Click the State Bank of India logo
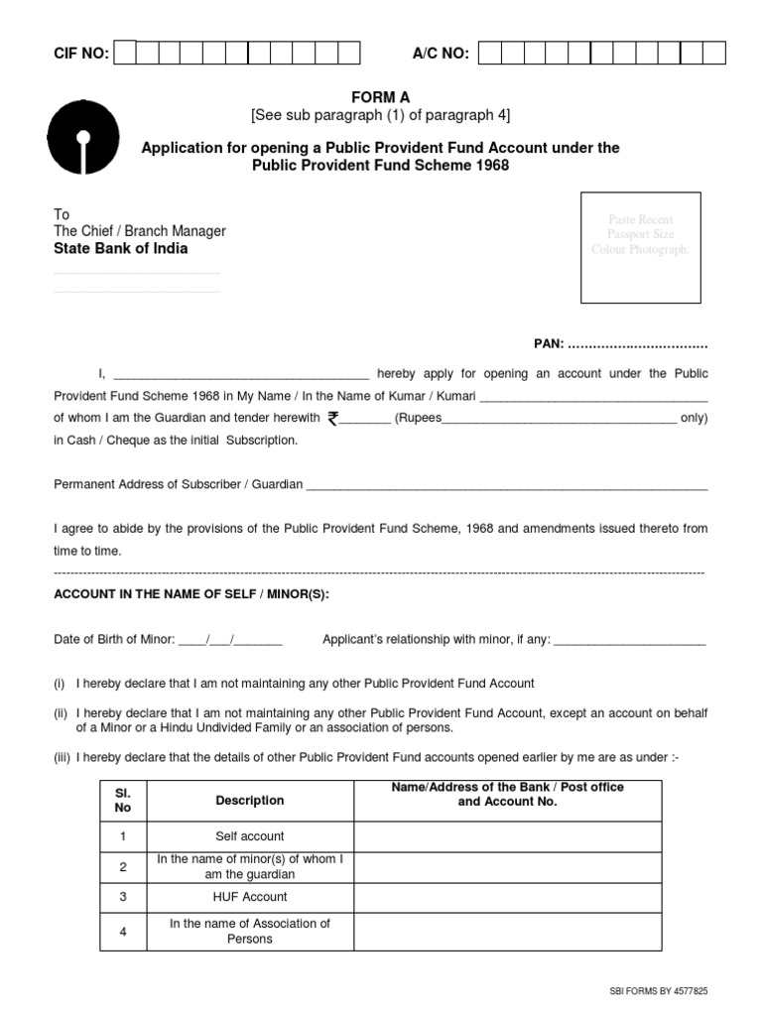(x=83, y=139)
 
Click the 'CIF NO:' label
(x=80, y=53)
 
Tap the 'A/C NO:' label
(x=441, y=53)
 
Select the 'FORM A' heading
(x=380, y=96)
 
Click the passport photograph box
(x=640, y=247)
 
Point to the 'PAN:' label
(x=549, y=343)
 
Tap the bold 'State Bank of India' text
(x=120, y=249)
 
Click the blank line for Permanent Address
(x=506, y=486)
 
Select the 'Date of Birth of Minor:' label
(x=114, y=640)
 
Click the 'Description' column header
(x=250, y=801)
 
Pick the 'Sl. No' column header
(x=123, y=801)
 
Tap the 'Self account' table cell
(x=250, y=836)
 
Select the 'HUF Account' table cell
(x=250, y=897)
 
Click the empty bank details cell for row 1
(x=507, y=836)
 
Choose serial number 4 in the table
(x=123, y=931)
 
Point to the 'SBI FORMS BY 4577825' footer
(x=659, y=991)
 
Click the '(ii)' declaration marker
(x=61, y=713)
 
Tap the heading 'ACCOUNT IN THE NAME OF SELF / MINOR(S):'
(x=190, y=594)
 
